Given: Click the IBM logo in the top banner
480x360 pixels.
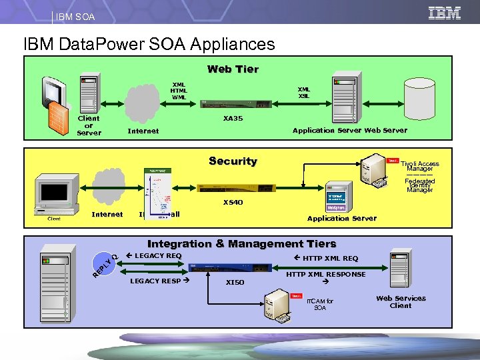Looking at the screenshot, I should pos(444,13).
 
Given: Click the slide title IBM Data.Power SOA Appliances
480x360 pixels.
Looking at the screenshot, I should pos(149,45).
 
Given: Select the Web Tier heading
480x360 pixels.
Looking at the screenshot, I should pos(233,69).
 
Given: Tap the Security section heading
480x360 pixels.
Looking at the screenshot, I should pos(233,161).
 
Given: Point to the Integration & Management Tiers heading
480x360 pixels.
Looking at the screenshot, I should pos(241,244).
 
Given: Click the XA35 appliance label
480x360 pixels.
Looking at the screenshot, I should pos(233,119).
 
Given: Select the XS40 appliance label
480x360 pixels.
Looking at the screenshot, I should pos(233,202).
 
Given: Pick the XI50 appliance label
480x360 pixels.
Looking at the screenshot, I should pos(235,282).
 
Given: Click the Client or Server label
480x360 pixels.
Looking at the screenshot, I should pos(89,125).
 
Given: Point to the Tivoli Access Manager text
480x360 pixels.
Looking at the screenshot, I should pos(419,166).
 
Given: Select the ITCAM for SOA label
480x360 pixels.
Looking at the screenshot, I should pos(320,305).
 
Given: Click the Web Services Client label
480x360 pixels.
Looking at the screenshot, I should pos(401,302).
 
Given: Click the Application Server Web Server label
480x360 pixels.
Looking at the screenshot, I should pos(349,131).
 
